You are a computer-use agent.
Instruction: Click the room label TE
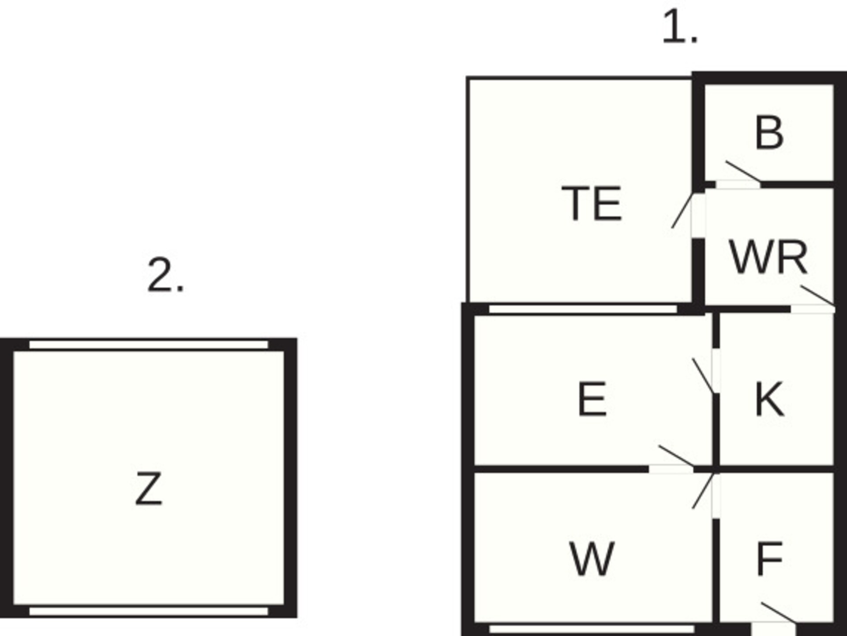592,203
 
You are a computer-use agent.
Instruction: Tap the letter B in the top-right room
769,132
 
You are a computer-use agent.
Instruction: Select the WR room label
768,257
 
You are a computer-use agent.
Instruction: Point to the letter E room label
592,399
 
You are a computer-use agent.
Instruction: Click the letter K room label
770,399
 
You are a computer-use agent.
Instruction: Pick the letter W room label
592,559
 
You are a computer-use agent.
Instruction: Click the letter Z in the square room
149,488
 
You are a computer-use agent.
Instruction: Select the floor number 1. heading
680,27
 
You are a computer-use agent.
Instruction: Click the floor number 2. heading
165,275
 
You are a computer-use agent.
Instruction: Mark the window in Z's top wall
149,344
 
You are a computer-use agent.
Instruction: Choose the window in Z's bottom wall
149,611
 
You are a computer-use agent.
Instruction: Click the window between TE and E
583,309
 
